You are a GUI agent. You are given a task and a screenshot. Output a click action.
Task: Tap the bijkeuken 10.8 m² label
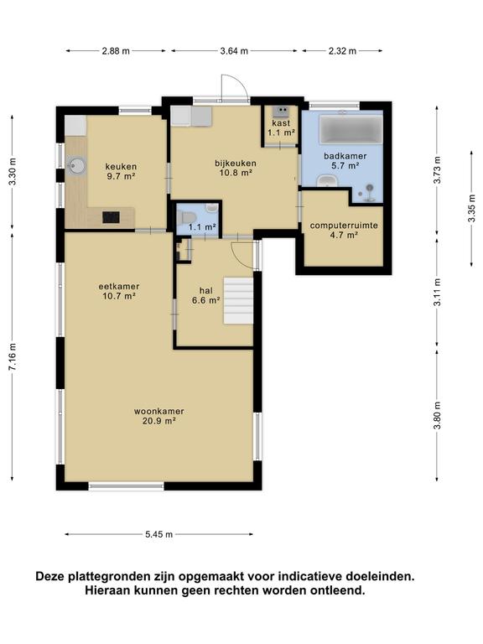point(236,168)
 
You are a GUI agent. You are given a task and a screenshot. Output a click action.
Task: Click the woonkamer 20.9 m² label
point(159,416)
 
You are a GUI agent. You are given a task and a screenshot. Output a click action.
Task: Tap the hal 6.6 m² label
point(205,295)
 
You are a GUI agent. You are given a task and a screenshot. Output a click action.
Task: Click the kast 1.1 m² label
point(282,127)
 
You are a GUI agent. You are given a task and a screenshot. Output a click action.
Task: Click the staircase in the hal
point(238,301)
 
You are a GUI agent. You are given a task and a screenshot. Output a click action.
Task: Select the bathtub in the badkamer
point(351,129)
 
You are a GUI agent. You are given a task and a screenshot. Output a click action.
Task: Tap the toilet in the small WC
point(185,217)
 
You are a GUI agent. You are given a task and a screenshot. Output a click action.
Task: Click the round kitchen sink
point(76,166)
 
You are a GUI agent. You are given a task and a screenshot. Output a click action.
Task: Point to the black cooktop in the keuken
point(111,217)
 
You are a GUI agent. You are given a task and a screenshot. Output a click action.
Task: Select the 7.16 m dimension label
point(13,356)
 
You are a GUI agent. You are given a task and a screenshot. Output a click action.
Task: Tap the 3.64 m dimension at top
point(234,51)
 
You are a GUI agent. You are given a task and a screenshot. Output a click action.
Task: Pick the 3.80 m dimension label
point(439,415)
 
